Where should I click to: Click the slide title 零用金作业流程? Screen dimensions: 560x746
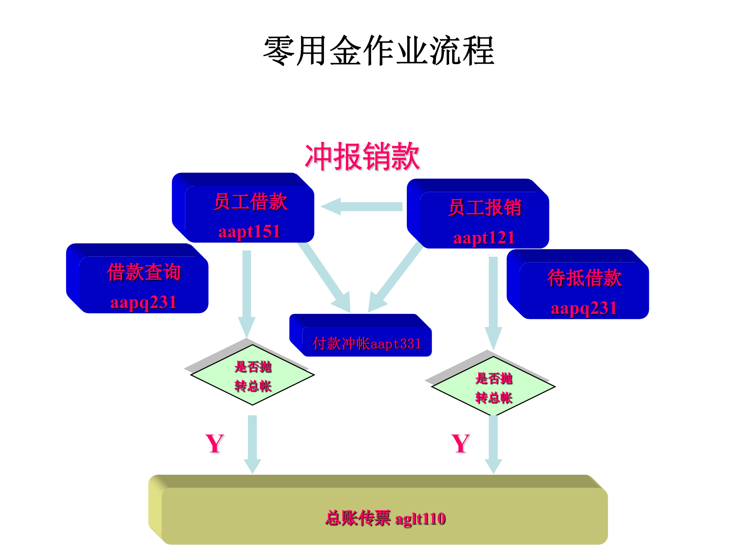[x=379, y=51]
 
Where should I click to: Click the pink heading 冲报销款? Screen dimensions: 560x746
[x=362, y=156]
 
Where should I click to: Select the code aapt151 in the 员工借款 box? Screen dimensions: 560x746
[x=249, y=232]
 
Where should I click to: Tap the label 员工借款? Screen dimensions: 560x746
[x=250, y=202]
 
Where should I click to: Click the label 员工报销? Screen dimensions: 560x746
[x=485, y=207]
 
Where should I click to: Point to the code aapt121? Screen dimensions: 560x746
[x=484, y=238]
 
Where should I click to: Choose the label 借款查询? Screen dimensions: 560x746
[x=144, y=272]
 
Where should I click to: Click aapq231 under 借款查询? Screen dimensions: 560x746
[x=143, y=303]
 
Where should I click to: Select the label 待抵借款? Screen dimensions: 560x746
[x=584, y=278]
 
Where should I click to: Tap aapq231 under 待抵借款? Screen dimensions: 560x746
[x=584, y=308]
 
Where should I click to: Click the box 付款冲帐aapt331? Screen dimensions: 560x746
[x=367, y=343]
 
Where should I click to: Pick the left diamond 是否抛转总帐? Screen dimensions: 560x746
[x=253, y=375]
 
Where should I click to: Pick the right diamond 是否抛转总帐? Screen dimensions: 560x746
[x=493, y=387]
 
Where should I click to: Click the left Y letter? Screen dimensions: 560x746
[x=214, y=443]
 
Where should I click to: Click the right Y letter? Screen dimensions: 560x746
[x=461, y=443]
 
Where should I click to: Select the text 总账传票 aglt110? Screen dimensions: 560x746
[x=385, y=518]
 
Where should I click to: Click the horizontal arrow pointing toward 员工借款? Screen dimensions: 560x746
[x=361, y=206]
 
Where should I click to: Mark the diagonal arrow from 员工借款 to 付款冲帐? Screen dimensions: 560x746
[x=324, y=277]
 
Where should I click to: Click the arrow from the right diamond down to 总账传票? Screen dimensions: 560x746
[x=493, y=443]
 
